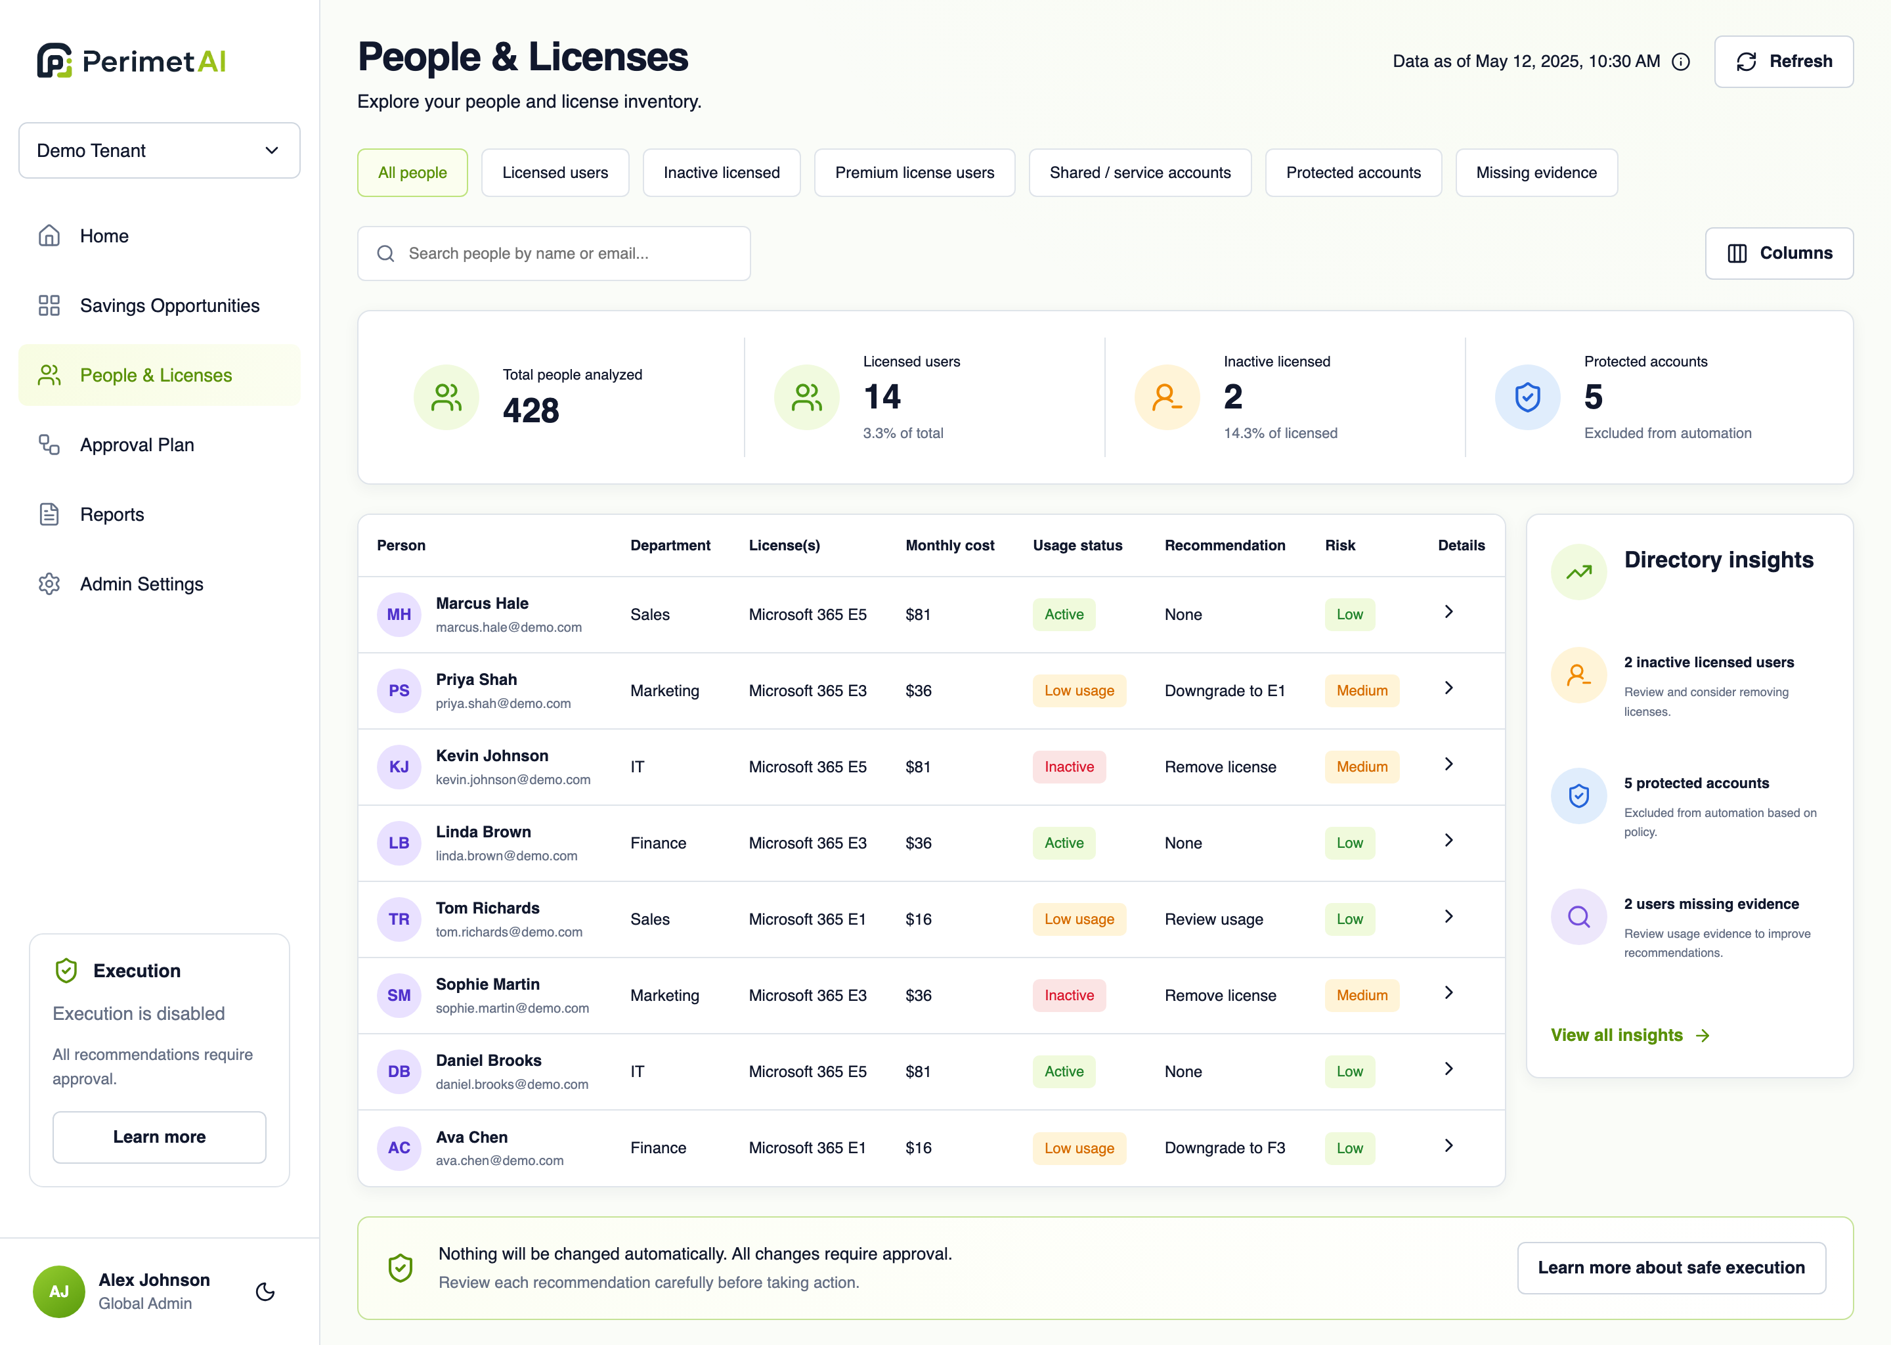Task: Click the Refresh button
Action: [1783, 61]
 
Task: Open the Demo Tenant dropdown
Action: [159, 150]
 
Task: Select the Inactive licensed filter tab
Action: [721, 172]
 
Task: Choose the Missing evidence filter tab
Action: [1536, 172]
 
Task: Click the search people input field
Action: [554, 254]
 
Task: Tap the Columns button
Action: [1779, 254]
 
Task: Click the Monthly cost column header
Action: [949, 545]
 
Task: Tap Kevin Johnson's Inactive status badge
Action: [1069, 767]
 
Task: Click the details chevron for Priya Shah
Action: [1448, 688]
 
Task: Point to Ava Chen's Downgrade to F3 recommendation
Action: [1225, 1148]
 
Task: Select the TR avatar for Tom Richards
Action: [399, 919]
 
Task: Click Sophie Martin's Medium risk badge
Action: [1362, 996]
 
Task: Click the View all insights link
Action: [1630, 1035]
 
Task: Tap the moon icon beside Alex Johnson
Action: [265, 1291]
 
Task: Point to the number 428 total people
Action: [531, 410]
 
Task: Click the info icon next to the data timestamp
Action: [1681, 62]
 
